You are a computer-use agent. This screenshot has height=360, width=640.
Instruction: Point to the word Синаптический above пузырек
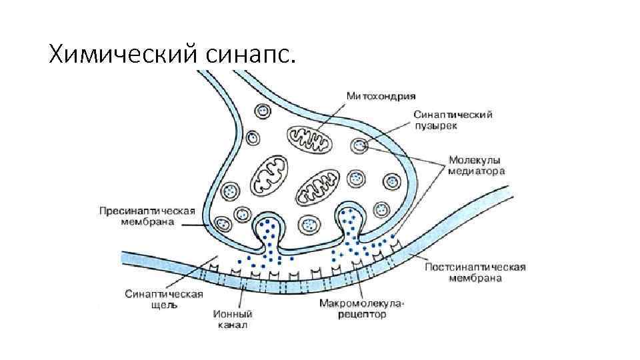point(453,115)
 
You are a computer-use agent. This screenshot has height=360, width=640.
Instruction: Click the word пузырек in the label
point(434,126)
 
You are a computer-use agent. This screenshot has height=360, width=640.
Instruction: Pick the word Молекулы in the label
point(474,160)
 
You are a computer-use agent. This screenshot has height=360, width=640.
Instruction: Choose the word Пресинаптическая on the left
point(147,211)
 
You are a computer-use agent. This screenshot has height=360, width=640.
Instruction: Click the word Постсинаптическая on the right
point(475,267)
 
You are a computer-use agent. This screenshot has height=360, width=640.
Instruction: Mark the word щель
point(163,305)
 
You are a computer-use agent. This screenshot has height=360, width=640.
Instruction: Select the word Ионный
point(232,314)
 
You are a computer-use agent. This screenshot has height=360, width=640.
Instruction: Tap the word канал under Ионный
point(232,325)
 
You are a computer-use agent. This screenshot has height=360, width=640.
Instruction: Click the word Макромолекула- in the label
point(362,303)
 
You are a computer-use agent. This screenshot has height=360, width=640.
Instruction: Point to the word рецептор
point(362,314)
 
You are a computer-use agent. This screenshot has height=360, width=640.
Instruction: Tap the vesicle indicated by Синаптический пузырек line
point(359,145)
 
